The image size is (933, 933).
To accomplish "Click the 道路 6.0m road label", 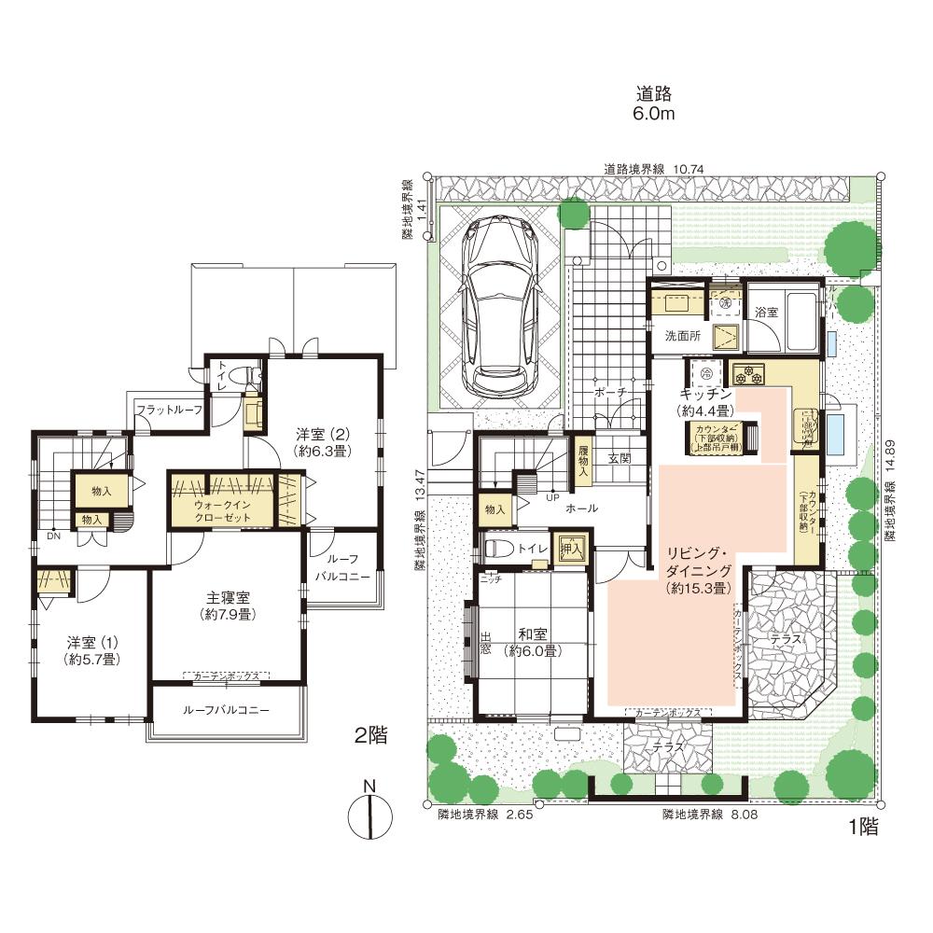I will point(654,103).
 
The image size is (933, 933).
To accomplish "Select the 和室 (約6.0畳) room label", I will point(528,643).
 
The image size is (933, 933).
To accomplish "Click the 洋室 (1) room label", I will point(90,650).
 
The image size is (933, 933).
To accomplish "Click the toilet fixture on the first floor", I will point(499,547).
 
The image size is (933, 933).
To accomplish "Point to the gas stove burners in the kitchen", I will point(749,375).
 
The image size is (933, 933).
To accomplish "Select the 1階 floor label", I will point(863,825).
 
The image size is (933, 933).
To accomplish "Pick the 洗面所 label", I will point(683,336).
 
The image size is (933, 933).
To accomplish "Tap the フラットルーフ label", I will point(169,409).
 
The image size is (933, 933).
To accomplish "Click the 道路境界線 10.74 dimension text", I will point(652,169).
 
